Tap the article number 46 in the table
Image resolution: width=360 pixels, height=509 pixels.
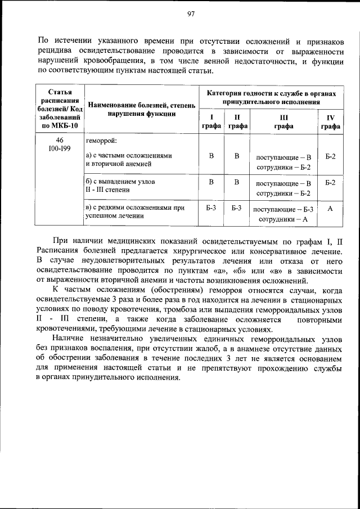[x=60, y=139]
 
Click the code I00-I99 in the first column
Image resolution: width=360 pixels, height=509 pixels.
[x=60, y=149]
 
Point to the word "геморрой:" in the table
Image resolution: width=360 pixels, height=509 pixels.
[x=101, y=140]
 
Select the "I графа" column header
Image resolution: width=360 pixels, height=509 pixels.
[x=211, y=121]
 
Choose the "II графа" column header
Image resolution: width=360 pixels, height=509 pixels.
[x=237, y=121]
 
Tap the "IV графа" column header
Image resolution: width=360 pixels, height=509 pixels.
[x=331, y=121]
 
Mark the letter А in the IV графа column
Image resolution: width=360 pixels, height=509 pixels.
[x=331, y=208]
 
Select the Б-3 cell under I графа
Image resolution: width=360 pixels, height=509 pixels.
[x=211, y=208]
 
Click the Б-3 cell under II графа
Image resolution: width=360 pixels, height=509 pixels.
[x=237, y=208]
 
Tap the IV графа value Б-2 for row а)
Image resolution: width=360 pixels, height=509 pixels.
[x=331, y=155]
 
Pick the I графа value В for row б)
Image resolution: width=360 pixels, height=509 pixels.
[x=211, y=182]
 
